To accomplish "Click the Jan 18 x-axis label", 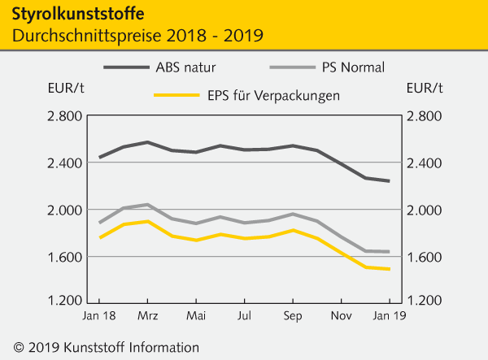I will tap(98, 314).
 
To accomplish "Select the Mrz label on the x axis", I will tap(147, 314).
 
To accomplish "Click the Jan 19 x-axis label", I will tap(389, 314).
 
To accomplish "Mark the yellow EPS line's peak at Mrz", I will tap(147, 221).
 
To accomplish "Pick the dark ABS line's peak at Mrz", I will tap(147, 142).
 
